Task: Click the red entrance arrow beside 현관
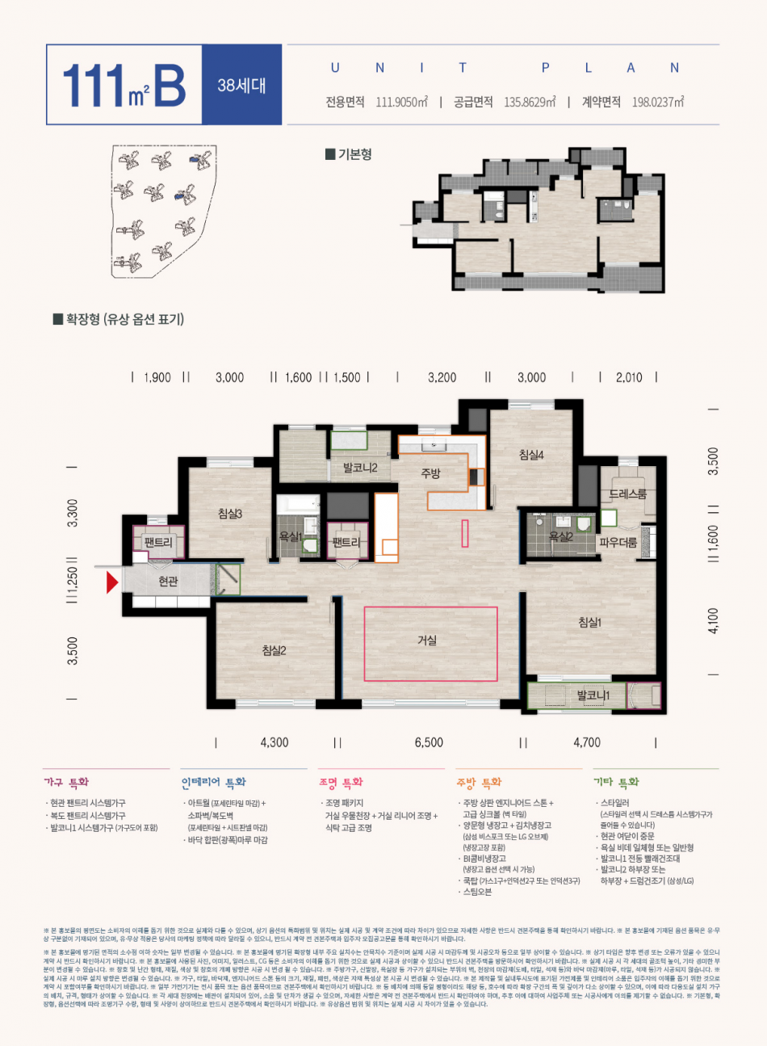112,582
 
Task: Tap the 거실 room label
427,641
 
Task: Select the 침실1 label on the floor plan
589,622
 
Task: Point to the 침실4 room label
531,456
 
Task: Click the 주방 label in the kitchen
430,473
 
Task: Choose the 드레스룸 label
627,494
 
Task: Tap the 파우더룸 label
618,543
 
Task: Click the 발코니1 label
593,695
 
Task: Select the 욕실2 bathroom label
560,536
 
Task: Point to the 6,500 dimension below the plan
429,742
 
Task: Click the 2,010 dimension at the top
628,377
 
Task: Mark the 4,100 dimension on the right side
712,621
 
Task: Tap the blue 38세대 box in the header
241,85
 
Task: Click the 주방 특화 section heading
479,782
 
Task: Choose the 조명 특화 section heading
341,782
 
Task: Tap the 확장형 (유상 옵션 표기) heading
119,319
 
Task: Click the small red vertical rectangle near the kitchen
465,535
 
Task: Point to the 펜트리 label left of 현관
158,542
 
